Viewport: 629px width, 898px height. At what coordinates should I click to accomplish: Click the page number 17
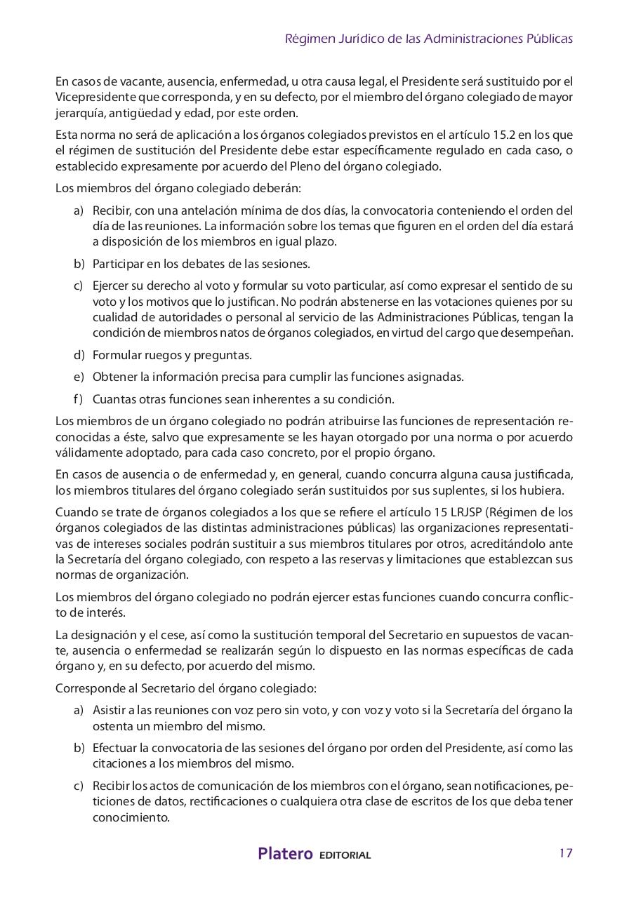566,853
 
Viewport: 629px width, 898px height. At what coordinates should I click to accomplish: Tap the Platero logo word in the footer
285,854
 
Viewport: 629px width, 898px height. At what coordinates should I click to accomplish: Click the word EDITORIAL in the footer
345,855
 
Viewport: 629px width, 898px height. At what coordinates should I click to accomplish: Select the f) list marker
78,399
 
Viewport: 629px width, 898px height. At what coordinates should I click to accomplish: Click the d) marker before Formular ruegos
79,355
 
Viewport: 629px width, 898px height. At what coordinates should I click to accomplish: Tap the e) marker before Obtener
79,377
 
